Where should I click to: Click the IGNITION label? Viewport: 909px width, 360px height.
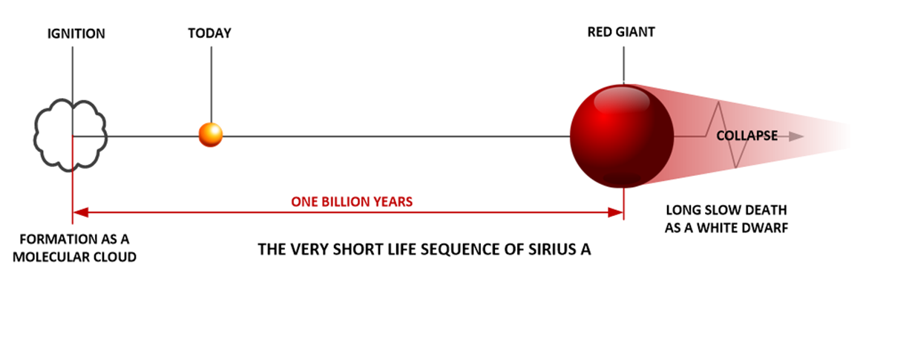click(76, 33)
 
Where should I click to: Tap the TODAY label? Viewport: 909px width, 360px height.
click(209, 33)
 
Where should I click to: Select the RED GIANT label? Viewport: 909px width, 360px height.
click(621, 32)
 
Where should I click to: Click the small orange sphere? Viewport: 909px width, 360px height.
click(211, 135)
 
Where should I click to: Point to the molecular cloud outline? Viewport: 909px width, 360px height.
click(36, 134)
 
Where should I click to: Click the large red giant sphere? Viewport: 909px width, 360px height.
click(622, 136)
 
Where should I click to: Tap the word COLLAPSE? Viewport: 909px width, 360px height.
click(747, 136)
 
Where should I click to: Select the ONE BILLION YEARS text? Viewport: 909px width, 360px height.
click(352, 202)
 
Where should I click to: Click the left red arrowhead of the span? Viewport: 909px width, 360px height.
click(81, 212)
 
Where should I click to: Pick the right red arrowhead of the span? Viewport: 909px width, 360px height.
click(615, 212)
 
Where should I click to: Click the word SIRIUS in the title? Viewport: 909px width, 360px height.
click(552, 249)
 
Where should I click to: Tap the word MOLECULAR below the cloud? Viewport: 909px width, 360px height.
click(51, 257)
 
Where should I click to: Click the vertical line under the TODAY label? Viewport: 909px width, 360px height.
click(211, 85)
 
